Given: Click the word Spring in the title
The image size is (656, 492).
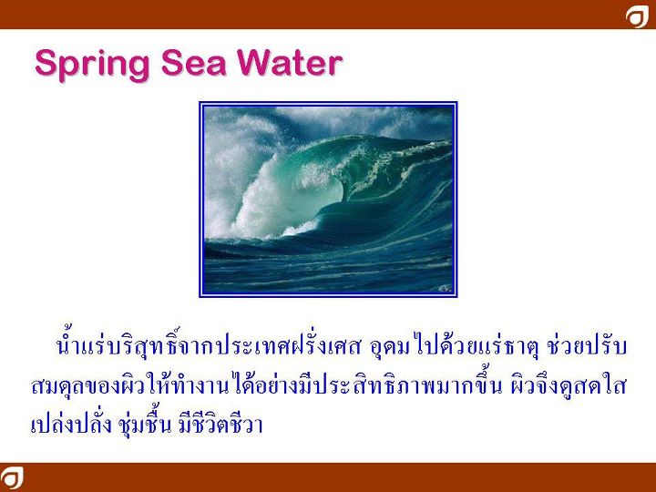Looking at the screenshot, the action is point(92,64).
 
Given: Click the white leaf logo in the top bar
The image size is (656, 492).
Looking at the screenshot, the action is point(637,16).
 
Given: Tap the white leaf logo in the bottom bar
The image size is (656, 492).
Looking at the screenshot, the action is point(11,477).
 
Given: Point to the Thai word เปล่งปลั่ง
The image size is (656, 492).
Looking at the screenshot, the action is point(72,423).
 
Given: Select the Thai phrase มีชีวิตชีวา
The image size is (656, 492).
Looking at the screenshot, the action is point(220,423).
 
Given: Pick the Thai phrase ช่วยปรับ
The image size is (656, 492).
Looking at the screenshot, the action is point(587,346).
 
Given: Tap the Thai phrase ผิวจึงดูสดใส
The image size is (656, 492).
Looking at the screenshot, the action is point(568,385).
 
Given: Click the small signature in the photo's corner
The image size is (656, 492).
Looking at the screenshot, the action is point(445,288).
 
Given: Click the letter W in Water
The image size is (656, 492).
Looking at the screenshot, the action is point(254,63).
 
